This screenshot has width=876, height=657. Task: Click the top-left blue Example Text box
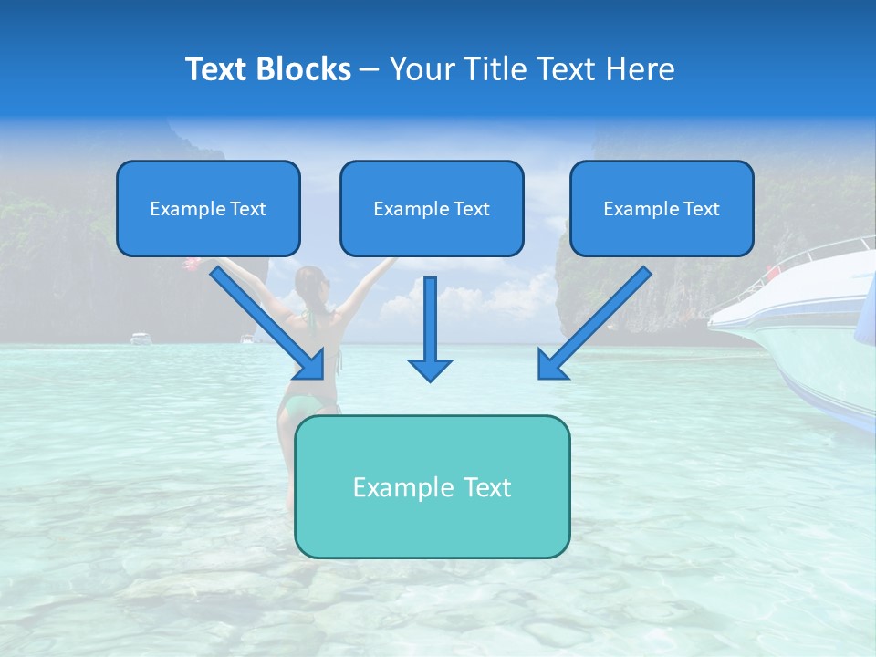pyautogui.click(x=208, y=209)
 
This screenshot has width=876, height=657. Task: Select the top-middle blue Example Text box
pyautogui.click(x=432, y=209)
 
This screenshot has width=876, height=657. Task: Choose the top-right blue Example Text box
pyautogui.click(x=662, y=209)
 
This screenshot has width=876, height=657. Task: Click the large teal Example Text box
pyautogui.click(x=432, y=486)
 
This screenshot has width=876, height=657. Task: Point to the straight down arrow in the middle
pyautogui.click(x=430, y=328)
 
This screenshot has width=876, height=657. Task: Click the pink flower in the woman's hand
pyautogui.click(x=191, y=264)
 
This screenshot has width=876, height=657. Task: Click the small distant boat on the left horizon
pyautogui.click(x=140, y=339)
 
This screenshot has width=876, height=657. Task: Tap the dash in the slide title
pyautogui.click(x=370, y=69)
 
